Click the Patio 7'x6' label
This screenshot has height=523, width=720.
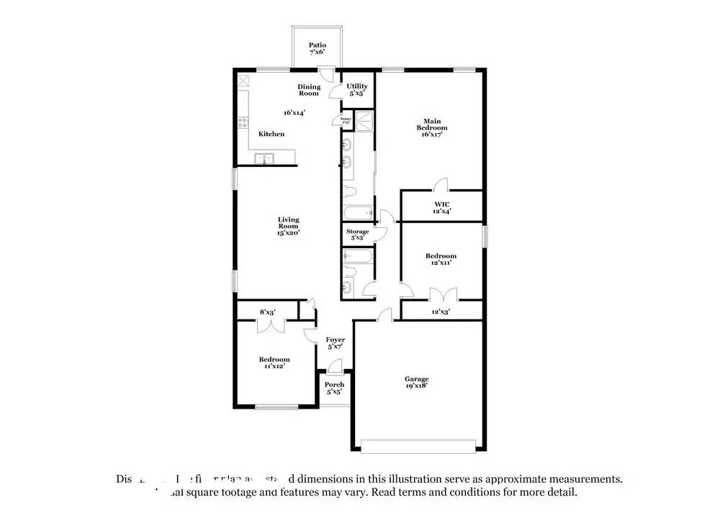tap(318, 48)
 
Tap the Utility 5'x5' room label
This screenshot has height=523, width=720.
tap(357, 90)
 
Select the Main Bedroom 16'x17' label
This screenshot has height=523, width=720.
tap(432, 127)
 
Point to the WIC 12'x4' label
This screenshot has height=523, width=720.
tap(441, 207)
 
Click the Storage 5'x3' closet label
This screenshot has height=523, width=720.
tap(358, 234)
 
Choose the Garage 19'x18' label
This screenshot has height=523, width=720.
tap(416, 382)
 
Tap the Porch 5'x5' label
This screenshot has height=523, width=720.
tap(335, 388)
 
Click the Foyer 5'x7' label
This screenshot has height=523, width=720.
tap(336, 342)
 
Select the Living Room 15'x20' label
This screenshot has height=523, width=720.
tap(289, 226)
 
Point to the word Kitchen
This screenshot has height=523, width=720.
tap(271, 134)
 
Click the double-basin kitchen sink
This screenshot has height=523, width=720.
tap(264, 158)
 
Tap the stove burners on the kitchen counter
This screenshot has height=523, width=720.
tap(243, 123)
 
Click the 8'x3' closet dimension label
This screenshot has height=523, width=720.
tap(267, 311)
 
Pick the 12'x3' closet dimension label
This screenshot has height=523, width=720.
tap(441, 311)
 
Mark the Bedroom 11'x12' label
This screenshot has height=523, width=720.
tap(274, 363)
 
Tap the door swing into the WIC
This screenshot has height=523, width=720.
tap(441, 185)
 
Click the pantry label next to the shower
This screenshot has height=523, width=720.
tap(346, 122)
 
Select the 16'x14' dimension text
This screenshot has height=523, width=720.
tap(294, 112)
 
